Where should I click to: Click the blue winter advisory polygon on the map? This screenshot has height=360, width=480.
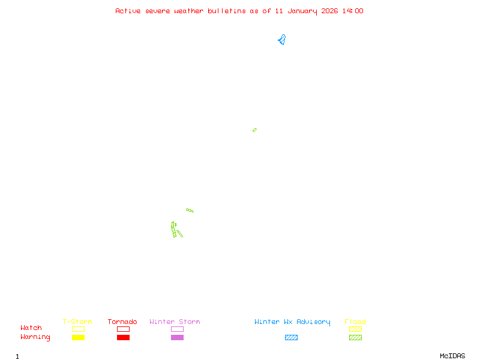coord(281,41)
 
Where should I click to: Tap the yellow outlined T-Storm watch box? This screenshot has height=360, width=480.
coord(78,329)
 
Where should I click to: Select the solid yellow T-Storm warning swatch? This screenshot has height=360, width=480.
coord(78,337)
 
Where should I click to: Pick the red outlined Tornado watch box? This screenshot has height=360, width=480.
coord(123,329)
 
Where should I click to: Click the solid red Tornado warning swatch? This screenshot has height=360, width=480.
coord(123,337)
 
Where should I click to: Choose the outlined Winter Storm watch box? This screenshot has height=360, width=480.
coord(177,329)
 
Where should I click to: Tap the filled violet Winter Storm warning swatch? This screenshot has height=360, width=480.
coord(177,337)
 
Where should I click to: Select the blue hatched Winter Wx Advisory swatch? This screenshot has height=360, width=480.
coord(291,337)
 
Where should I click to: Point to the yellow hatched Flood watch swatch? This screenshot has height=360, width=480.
coord(355,329)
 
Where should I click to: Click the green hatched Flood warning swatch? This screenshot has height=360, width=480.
coord(355,337)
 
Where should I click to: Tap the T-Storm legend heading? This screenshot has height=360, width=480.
coord(77,322)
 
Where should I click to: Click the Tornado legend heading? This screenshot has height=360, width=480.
coord(122,322)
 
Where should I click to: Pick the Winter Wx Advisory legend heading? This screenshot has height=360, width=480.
coord(292,322)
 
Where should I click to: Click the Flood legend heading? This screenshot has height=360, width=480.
coord(355,322)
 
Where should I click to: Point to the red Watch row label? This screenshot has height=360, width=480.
coord(31,328)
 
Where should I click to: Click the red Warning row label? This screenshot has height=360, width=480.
coord(35,337)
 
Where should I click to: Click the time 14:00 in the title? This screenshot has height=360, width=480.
coord(353,11)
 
